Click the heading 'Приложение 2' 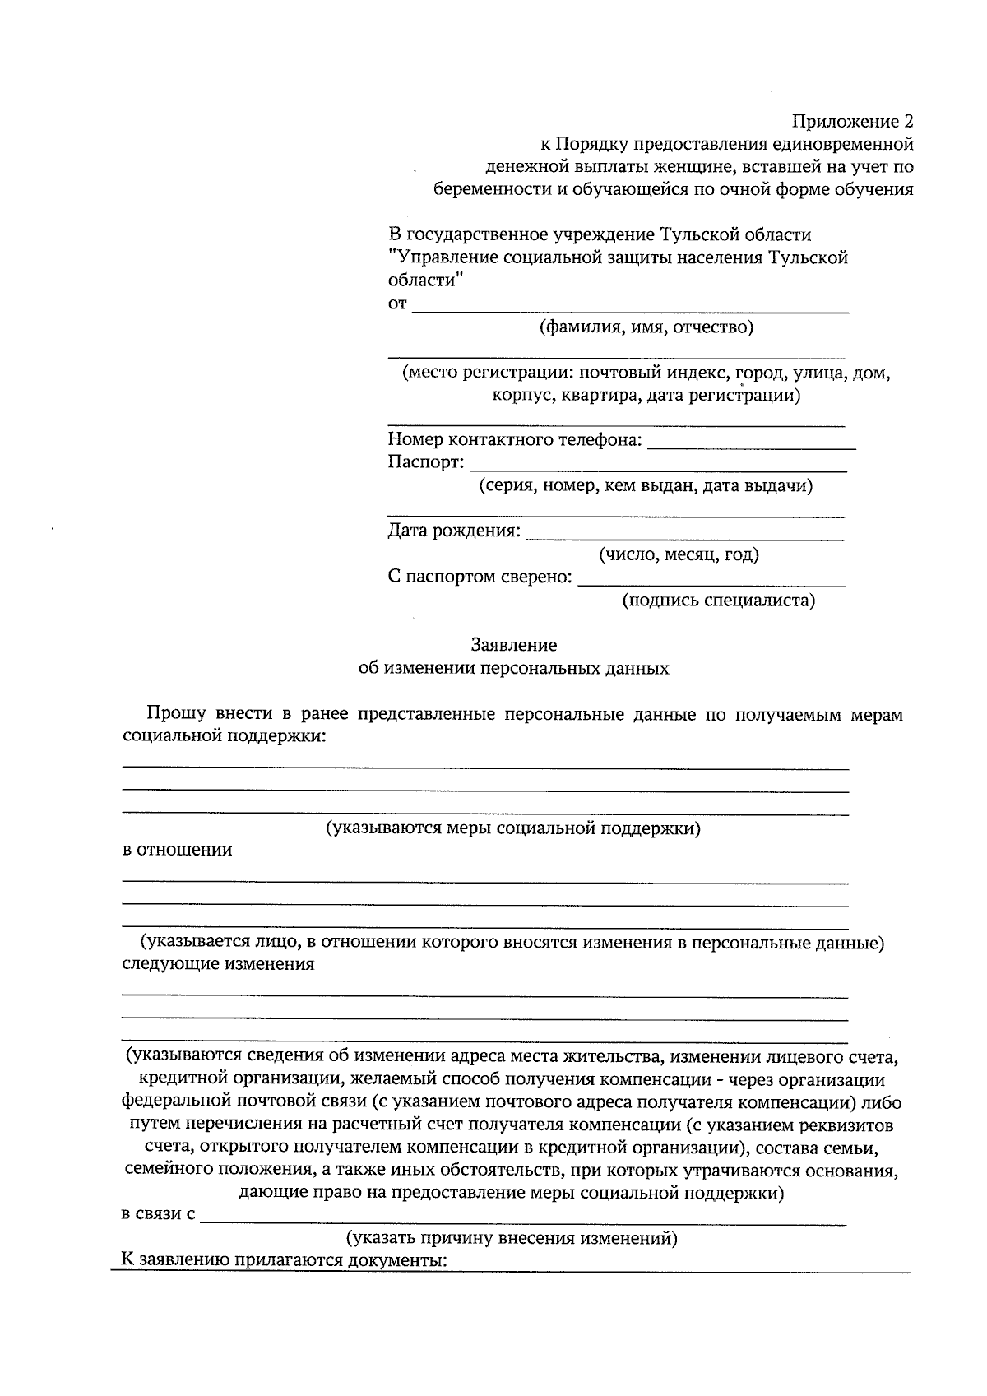[852, 122]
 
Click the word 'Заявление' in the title [513, 645]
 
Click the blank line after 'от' [629, 306]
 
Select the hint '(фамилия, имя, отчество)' [646, 327]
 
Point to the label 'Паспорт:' [425, 462]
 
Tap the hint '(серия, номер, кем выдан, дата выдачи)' [646, 485]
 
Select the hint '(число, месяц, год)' [679, 554]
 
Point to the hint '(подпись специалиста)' [718, 601]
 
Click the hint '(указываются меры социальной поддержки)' [513, 828]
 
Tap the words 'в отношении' [177, 850]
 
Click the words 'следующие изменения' [218, 964]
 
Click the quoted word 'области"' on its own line [425, 280]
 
